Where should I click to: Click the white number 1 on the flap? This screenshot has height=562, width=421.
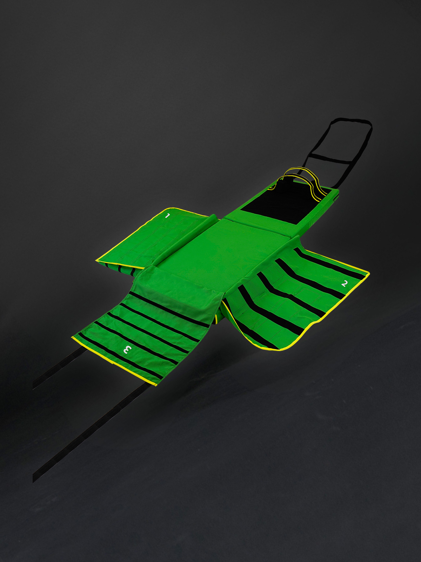(167, 216)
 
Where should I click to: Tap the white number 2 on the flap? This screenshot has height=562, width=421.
(344, 283)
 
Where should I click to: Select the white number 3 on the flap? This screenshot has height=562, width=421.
(127, 349)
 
